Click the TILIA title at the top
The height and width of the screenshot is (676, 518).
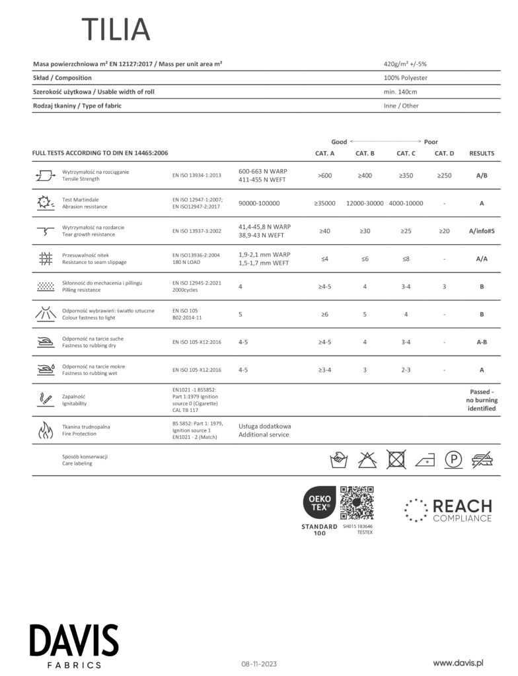116,30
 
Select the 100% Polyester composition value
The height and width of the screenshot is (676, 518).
405,78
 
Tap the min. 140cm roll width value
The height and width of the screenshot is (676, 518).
400,92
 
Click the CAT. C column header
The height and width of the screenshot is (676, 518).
406,153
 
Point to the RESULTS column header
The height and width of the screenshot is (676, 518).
481,153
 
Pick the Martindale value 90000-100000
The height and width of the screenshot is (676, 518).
259,203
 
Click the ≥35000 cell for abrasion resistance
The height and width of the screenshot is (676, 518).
324,203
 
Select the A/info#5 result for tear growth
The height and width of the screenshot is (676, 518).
481,231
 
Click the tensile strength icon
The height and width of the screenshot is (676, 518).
46,176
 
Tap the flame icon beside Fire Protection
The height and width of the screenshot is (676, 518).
46,430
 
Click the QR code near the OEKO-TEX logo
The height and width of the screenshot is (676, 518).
357,503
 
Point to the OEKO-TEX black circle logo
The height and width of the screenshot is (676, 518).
319,503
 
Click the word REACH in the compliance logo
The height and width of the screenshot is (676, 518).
462,506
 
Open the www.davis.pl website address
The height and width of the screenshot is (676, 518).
459,661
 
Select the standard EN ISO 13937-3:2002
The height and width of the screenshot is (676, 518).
196,231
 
